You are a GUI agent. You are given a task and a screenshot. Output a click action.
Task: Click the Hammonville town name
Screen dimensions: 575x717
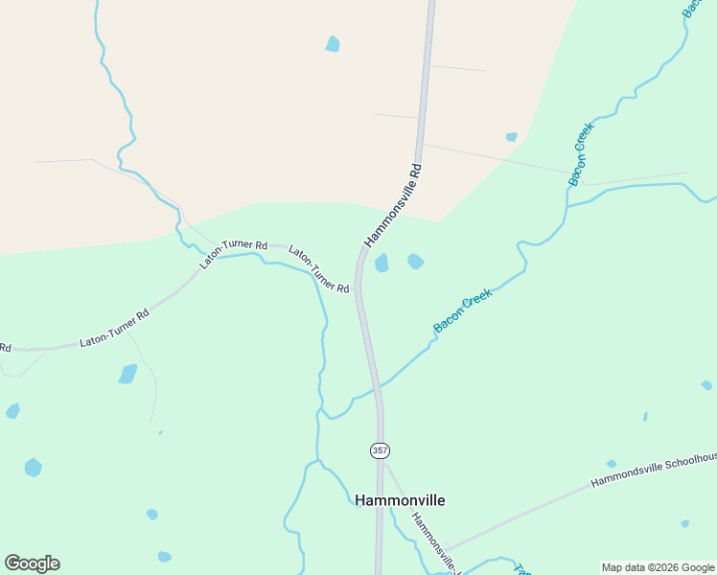click(x=400, y=500)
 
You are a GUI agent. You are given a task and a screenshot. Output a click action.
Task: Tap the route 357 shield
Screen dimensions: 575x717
click(x=380, y=449)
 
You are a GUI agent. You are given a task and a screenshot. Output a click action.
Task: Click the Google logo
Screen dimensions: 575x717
click(x=32, y=563)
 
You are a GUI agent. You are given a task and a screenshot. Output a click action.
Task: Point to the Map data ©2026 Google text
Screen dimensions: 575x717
click(x=658, y=567)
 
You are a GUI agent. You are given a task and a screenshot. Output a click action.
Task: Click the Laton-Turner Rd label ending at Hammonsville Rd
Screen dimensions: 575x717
click(x=319, y=271)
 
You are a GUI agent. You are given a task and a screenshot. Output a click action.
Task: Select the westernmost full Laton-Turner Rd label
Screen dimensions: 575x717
click(x=115, y=327)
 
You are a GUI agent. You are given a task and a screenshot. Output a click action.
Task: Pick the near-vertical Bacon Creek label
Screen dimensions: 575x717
click(x=582, y=153)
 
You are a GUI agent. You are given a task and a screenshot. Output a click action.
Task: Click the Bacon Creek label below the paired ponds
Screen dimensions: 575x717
click(x=462, y=311)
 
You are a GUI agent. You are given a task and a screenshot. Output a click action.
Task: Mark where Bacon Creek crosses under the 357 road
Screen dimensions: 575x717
click(x=377, y=388)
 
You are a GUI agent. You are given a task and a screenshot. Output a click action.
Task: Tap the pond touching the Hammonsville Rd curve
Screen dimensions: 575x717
click(x=382, y=263)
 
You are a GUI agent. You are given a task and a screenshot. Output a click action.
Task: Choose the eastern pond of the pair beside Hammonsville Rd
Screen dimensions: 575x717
click(x=415, y=261)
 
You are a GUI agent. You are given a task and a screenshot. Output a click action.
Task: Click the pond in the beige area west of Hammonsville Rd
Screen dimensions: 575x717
click(x=333, y=43)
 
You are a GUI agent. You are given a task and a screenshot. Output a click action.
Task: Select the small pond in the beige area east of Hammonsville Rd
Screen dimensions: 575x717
click(x=512, y=137)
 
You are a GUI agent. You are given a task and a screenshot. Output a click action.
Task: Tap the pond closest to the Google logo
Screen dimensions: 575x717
click(x=34, y=468)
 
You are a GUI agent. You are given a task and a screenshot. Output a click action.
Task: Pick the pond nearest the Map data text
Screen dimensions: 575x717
click(x=684, y=523)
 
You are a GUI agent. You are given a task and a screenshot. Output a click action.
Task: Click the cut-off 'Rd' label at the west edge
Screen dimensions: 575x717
click(x=5, y=347)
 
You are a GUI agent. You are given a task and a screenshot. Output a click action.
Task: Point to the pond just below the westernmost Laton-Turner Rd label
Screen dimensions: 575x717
click(x=127, y=374)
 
